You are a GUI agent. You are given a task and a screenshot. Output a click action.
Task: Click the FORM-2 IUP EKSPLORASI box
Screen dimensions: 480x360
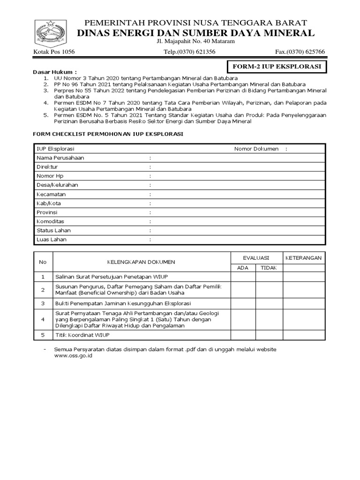(277, 67)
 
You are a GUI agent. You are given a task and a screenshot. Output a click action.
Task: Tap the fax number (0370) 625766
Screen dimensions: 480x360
(300, 52)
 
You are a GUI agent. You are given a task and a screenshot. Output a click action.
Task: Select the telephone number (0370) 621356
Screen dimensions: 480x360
(189, 52)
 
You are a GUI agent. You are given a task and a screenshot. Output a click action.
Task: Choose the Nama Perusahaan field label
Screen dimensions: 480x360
(60, 158)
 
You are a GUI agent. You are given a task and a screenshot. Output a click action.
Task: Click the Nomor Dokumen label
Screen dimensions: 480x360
(256, 149)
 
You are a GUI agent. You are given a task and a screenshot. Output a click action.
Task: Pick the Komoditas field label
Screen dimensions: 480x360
(51, 221)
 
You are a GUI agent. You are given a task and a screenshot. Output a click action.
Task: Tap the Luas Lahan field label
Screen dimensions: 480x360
(52, 240)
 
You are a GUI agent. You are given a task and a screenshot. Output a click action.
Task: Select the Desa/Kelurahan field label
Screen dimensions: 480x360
(57, 185)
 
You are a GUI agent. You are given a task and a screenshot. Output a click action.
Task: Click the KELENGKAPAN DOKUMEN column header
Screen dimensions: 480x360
(141, 262)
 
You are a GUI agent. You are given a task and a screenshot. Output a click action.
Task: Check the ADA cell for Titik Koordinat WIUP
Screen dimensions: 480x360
(242, 335)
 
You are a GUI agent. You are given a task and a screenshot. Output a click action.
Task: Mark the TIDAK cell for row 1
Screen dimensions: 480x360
(269, 277)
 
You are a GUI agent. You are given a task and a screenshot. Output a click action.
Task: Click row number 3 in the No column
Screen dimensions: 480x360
(43, 304)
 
